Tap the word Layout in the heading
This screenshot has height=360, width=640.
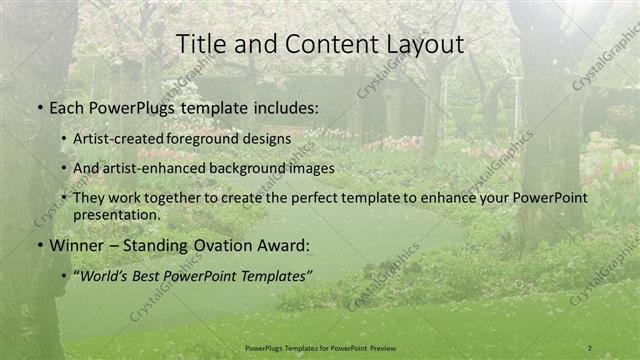(x=420, y=45)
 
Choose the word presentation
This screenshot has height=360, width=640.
(x=116, y=214)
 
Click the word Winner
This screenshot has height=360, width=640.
(x=76, y=245)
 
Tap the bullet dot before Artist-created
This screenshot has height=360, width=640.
(x=65, y=138)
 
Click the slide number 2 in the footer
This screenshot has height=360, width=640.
(x=589, y=347)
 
